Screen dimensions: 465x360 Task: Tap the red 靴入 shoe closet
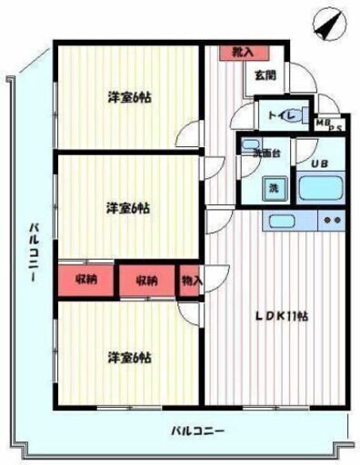point(242,53)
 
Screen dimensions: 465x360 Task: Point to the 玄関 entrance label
point(265,75)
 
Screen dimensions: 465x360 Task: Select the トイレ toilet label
point(276,115)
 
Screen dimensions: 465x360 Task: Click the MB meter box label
point(323,120)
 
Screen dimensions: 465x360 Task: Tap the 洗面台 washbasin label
point(254,153)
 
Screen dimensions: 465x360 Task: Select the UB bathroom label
point(319,164)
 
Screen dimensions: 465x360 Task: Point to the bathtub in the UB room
point(320,189)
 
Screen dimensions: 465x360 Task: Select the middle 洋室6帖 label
point(126,208)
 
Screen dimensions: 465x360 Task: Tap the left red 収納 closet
point(87,279)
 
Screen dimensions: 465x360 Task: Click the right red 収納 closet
point(148,280)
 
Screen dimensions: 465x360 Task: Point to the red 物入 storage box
point(191,280)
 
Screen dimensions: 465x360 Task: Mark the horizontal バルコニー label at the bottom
point(197,430)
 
